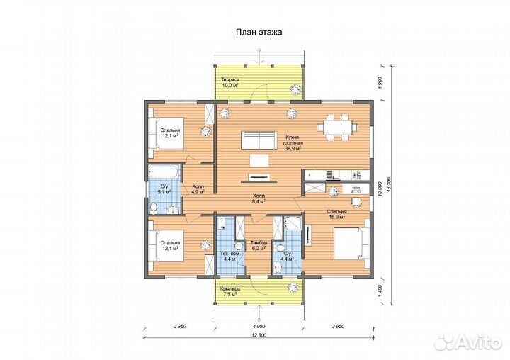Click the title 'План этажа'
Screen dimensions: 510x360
click(259, 32)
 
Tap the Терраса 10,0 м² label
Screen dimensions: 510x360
click(230, 82)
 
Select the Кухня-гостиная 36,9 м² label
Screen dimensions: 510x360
click(293, 142)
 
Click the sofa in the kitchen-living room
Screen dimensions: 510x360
click(259, 140)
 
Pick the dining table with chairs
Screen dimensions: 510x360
click(337, 128)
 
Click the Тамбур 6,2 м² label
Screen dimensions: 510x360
click(259, 245)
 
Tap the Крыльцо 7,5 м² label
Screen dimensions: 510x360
click(230, 291)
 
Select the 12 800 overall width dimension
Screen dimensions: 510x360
click(259, 335)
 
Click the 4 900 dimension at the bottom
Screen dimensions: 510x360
click(259, 326)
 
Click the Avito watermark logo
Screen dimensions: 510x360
click(468, 342)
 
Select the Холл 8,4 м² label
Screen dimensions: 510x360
click(259, 198)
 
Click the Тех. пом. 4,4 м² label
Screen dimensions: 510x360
click(231, 256)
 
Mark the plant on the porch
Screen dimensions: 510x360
click(293, 288)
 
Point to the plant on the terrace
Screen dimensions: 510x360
click(296, 89)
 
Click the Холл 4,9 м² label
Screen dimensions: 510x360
click(198, 189)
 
